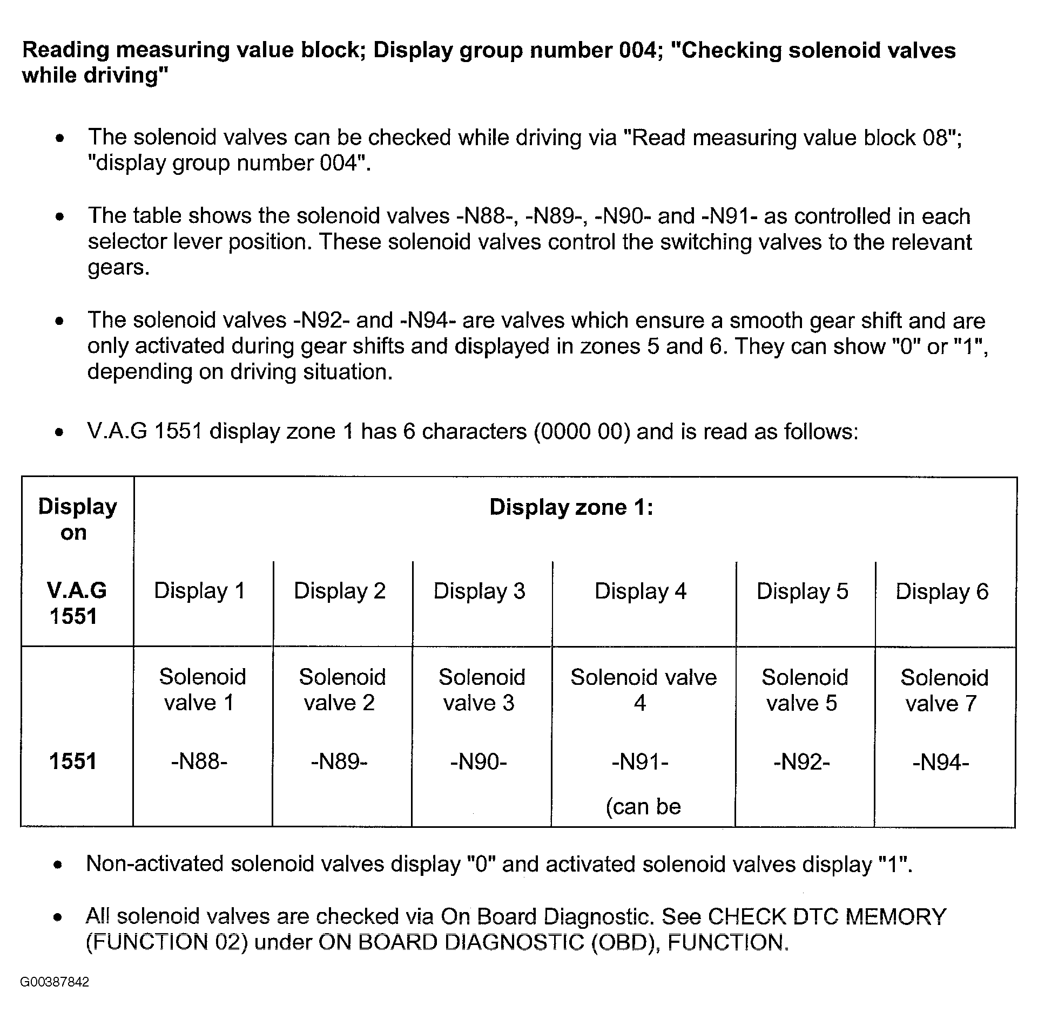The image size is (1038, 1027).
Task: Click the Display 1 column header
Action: (x=200, y=591)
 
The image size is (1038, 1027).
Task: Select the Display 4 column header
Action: (x=641, y=591)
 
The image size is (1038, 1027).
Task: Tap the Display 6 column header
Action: (x=942, y=592)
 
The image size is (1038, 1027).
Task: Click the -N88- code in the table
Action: (x=199, y=761)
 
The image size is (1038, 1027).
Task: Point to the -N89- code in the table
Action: (x=339, y=761)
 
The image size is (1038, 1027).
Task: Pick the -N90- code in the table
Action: (x=478, y=761)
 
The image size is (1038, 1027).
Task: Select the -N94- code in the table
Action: (x=941, y=762)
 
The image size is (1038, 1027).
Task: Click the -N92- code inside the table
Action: (x=802, y=762)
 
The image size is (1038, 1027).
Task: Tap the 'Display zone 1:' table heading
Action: (x=571, y=507)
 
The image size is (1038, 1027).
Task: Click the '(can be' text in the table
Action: (x=643, y=806)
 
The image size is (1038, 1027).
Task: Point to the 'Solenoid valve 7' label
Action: (x=944, y=690)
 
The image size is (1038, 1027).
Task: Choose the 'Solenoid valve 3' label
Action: (x=481, y=690)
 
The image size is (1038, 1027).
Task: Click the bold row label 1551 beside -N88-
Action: (x=73, y=761)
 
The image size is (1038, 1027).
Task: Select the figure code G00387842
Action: (x=55, y=982)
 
